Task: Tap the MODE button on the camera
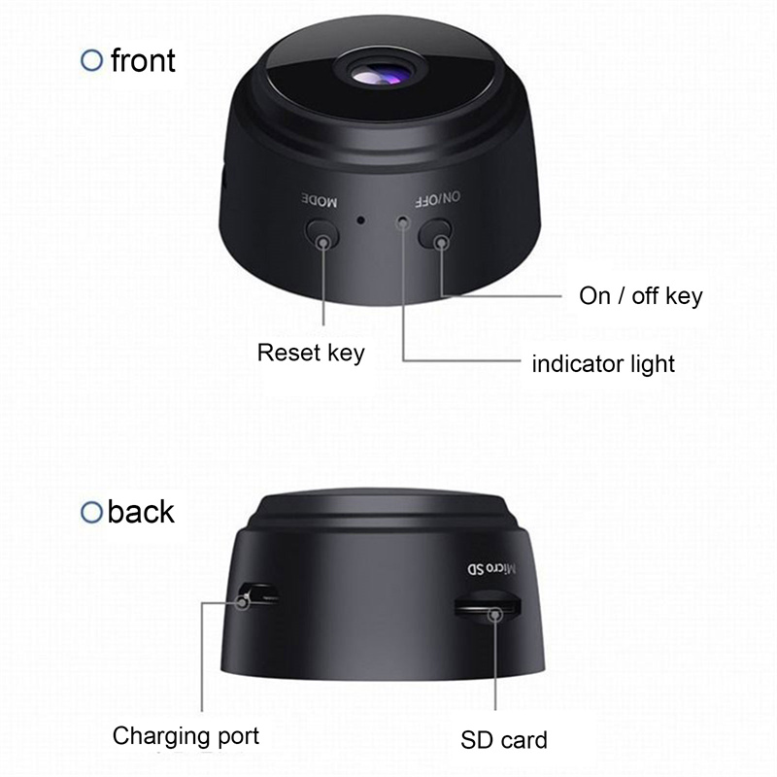[322, 233]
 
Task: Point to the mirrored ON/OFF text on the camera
[437, 199]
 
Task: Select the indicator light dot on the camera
[403, 222]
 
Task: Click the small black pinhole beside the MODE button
[361, 220]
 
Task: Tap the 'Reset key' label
[311, 353]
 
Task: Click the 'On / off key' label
[641, 296]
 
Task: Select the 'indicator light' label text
[603, 364]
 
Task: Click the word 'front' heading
[143, 60]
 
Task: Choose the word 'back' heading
[141, 512]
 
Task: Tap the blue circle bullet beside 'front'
[91, 60]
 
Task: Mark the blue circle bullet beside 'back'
[91, 513]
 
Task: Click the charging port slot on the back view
[258, 593]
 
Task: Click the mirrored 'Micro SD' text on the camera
[491, 568]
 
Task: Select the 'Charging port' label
[186, 737]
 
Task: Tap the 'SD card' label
[504, 740]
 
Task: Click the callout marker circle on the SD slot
[494, 615]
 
